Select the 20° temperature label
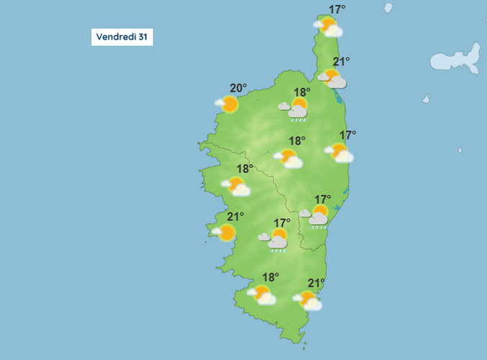[x=238, y=89]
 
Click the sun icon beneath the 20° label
[x=228, y=104]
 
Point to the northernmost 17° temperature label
[x=336, y=10]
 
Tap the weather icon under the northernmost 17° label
[x=329, y=27]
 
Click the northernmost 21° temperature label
[x=341, y=63]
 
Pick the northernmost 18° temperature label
[x=302, y=92]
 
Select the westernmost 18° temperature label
[x=245, y=169]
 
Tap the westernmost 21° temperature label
[x=236, y=216]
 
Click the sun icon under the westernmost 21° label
[x=225, y=233]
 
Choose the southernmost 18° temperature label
[x=270, y=277]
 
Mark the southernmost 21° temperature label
[x=316, y=283]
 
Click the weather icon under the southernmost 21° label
[x=308, y=300]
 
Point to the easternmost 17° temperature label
[x=348, y=135]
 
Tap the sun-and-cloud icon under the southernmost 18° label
[x=262, y=294]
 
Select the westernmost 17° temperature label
[x=282, y=223]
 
